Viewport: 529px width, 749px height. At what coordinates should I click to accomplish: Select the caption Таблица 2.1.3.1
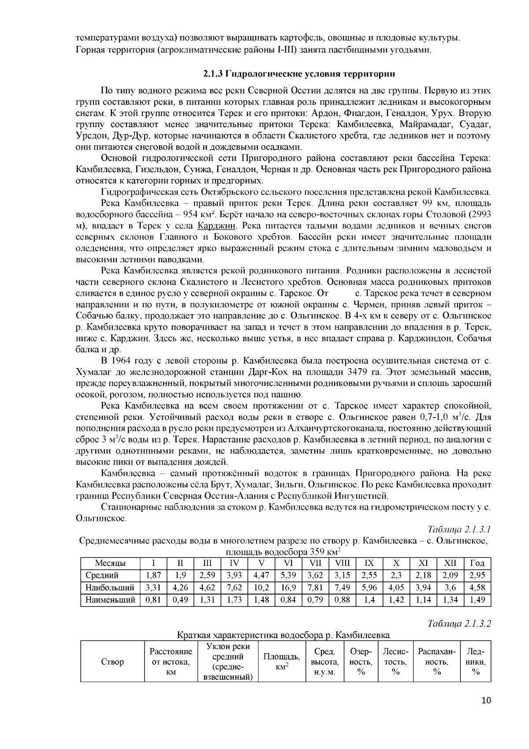point(460,530)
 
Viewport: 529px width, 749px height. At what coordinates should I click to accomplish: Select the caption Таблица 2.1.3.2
point(460,624)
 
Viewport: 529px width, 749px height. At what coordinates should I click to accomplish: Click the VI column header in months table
point(289,563)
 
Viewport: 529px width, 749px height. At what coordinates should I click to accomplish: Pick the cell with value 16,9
point(289,587)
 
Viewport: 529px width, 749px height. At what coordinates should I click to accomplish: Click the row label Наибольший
point(110,587)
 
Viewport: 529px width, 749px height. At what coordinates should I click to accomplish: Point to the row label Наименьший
point(110,600)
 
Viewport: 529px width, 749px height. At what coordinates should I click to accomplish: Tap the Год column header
point(477,563)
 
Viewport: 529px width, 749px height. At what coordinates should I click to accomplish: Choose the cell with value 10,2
point(261,587)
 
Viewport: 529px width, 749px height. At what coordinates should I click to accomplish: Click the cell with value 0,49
point(180,600)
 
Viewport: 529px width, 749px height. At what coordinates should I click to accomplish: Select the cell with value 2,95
point(477,576)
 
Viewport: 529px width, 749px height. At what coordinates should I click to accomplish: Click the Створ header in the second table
point(112,662)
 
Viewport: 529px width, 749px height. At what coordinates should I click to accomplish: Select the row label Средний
point(102,576)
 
